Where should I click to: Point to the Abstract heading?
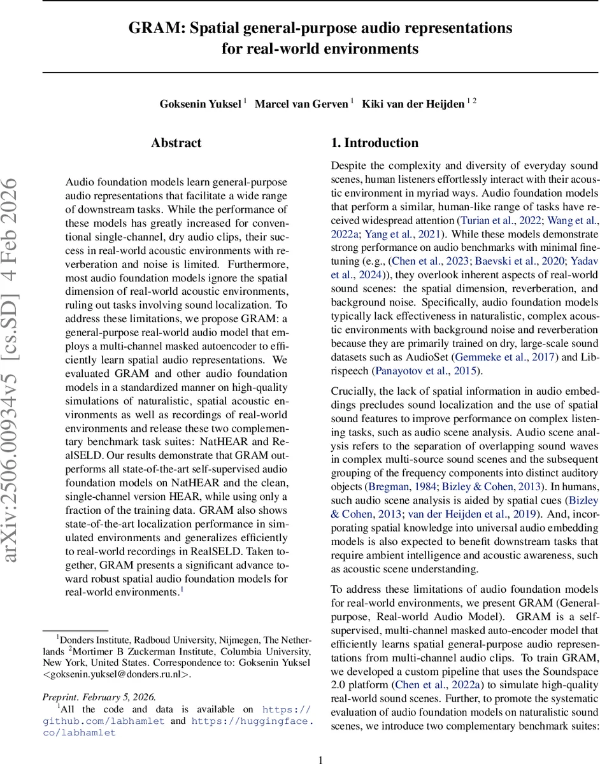(x=176, y=143)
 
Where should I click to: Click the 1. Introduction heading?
(x=375, y=143)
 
